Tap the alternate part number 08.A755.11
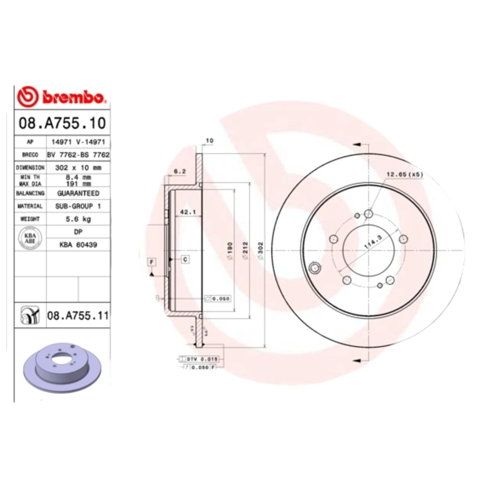78,316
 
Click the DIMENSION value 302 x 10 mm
78,167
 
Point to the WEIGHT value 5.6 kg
78,218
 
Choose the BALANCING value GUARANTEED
78,193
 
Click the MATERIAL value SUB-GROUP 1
78,206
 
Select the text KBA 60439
78,244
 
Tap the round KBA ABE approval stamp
29,238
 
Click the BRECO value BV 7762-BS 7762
78,155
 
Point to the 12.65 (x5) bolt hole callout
404,175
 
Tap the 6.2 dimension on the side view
180,171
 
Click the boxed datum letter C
185,259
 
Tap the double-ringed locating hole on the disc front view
315,268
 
